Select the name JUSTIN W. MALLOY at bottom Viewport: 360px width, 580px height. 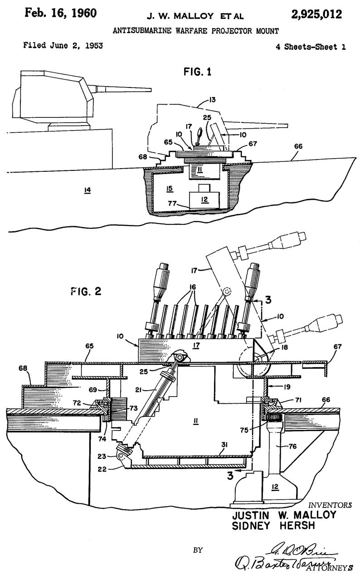pos(284,516)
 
